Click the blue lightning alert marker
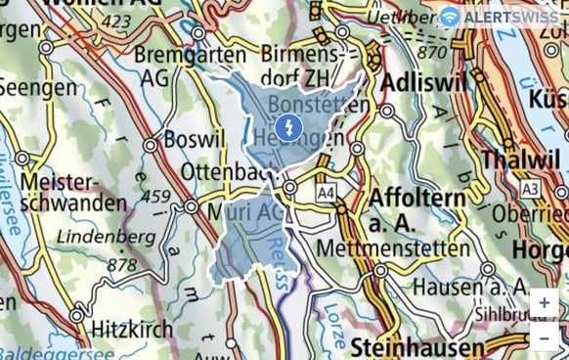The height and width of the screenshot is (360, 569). pos(288,127)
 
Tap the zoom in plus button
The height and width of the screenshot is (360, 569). pos(544,303)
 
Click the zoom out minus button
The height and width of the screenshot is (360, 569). pos(544,337)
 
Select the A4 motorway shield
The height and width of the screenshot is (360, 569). pos(327,195)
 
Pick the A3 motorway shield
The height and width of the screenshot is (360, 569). pos(530,188)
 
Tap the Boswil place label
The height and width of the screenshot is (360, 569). pos(194,140)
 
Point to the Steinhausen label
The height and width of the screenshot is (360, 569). pos(418,347)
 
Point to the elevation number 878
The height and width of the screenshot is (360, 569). pos(121,264)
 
